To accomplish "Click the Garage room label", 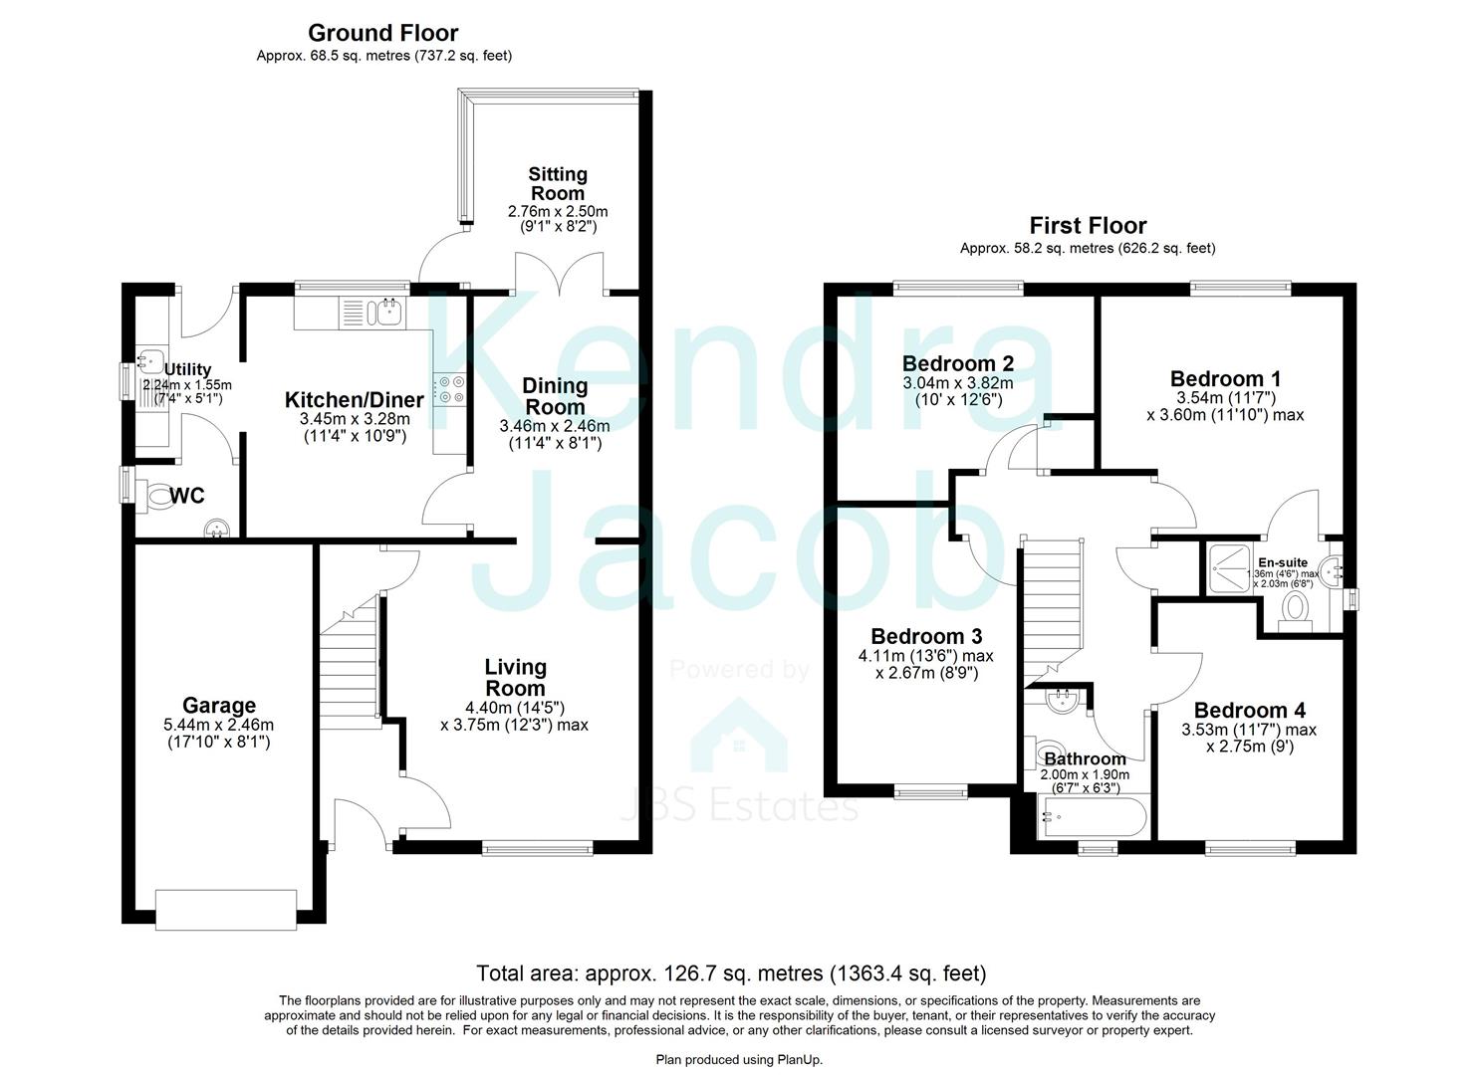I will (x=218, y=706).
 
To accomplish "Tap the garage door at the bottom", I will (x=226, y=910).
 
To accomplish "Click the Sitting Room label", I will (x=557, y=183).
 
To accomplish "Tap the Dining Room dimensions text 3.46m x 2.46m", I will (x=555, y=426).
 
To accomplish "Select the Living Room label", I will (x=515, y=677).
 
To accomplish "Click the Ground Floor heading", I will (x=383, y=33).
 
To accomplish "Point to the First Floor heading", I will (x=1088, y=225).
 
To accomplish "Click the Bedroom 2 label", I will (x=957, y=363).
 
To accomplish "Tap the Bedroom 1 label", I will (x=1225, y=378).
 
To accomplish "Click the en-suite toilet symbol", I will (x=1297, y=607).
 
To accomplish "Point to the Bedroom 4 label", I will (x=1249, y=710).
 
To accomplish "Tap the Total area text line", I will (x=731, y=972).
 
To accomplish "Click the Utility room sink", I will (x=151, y=360).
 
